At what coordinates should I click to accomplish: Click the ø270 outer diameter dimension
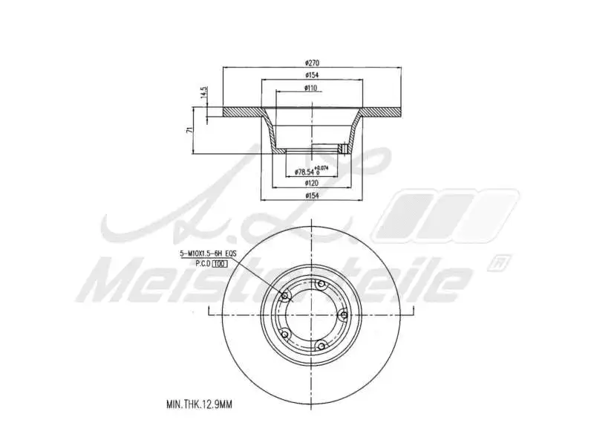click(x=312, y=62)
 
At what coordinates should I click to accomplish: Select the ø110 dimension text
click(x=311, y=88)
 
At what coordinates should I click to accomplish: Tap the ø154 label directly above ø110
click(x=312, y=75)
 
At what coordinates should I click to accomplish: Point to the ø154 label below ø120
click(x=312, y=195)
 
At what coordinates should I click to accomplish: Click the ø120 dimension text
click(x=312, y=182)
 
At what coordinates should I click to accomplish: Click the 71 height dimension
click(x=190, y=130)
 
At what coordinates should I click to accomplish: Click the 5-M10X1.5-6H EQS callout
click(x=208, y=253)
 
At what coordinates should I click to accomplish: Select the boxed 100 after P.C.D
click(x=219, y=263)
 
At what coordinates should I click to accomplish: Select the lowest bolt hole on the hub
click(x=322, y=344)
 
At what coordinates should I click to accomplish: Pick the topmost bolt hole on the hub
click(x=322, y=285)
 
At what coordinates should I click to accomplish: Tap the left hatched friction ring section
click(x=241, y=112)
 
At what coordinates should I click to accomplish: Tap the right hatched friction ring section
click(x=382, y=112)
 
